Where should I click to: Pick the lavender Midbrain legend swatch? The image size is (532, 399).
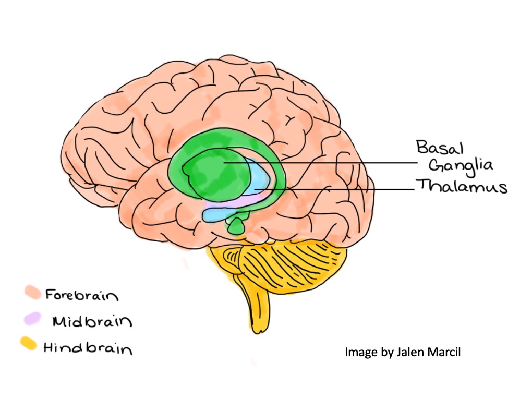click(32, 318)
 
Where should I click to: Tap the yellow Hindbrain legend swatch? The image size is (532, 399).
click(29, 344)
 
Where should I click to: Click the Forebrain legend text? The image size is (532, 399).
click(81, 295)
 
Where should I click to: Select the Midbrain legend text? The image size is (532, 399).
click(91, 321)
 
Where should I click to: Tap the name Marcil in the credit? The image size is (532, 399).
click(442, 353)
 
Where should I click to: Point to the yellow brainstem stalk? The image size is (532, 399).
click(258, 308)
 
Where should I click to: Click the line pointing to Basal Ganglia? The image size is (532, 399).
click(339, 163)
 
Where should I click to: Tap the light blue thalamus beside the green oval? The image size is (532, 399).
click(261, 180)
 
